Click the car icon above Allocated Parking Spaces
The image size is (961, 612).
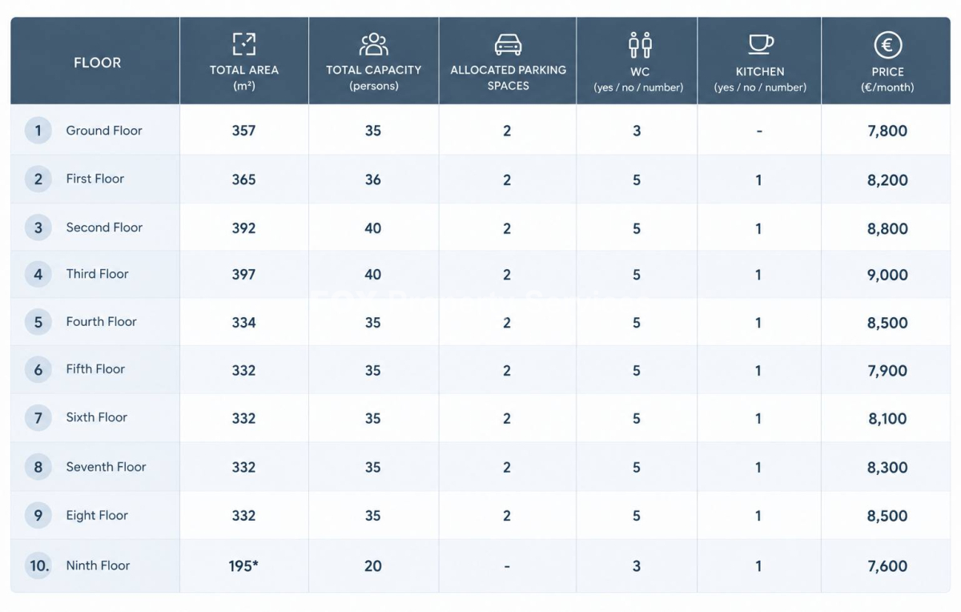pyautogui.click(x=508, y=45)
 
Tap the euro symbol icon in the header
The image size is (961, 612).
pyautogui.click(x=887, y=45)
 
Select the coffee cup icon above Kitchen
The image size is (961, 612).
pyautogui.click(x=761, y=44)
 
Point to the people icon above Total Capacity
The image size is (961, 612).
pyautogui.click(x=374, y=44)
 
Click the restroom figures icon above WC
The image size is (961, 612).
pyautogui.click(x=640, y=45)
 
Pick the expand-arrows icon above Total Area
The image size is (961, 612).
pyautogui.click(x=244, y=44)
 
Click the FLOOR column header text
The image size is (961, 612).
pyautogui.click(x=98, y=62)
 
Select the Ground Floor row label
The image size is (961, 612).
pyautogui.click(x=104, y=131)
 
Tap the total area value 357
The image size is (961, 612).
pyautogui.click(x=243, y=131)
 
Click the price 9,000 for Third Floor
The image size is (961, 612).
pyautogui.click(x=887, y=275)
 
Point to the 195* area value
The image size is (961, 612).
pyautogui.click(x=243, y=566)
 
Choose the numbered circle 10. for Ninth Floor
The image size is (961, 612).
pyautogui.click(x=38, y=566)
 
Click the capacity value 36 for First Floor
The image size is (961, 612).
pyautogui.click(x=373, y=179)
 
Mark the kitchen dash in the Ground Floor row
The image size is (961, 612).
pyautogui.click(x=759, y=131)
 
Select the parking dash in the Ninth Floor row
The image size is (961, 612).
pyautogui.click(x=507, y=566)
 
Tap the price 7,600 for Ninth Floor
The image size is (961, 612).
pyautogui.click(x=887, y=566)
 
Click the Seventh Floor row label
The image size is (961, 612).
pyautogui.click(x=106, y=467)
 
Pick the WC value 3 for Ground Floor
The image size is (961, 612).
pyautogui.click(x=637, y=131)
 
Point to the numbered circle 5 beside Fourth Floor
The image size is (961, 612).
pyautogui.click(x=38, y=322)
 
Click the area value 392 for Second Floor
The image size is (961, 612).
pyautogui.click(x=243, y=227)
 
